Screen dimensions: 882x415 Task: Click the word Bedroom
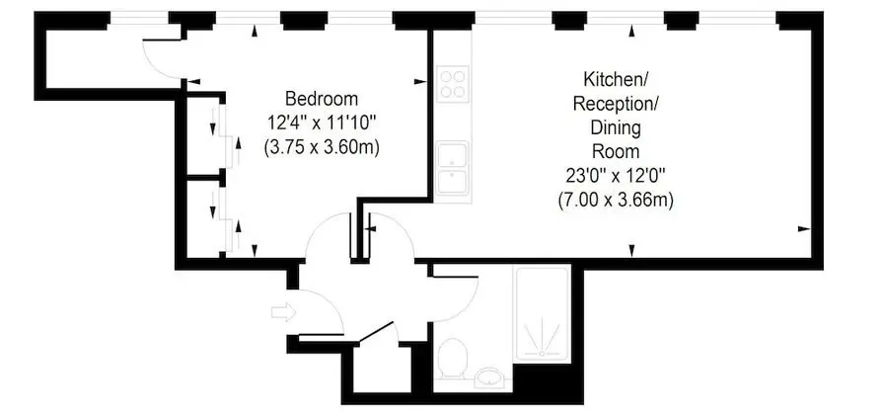[322, 99]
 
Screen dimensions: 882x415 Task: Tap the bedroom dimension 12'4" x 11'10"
[322, 124]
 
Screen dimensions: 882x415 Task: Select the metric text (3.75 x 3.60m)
[322, 147]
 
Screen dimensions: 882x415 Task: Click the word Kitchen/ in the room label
[616, 79]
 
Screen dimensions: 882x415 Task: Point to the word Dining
[616, 127]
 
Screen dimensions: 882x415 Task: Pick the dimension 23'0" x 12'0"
[616, 176]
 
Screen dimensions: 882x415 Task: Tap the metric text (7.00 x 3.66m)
[616, 201]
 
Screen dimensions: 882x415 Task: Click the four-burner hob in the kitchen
[453, 84]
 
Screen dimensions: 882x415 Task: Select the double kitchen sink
[453, 168]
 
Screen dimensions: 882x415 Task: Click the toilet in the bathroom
[453, 358]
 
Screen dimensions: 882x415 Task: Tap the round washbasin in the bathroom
[490, 377]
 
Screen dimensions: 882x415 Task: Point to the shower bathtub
[542, 313]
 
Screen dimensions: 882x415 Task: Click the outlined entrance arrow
[283, 312]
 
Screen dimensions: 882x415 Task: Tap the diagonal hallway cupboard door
[376, 332]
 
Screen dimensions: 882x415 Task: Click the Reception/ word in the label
[616, 104]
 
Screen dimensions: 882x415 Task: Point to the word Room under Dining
[616, 152]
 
